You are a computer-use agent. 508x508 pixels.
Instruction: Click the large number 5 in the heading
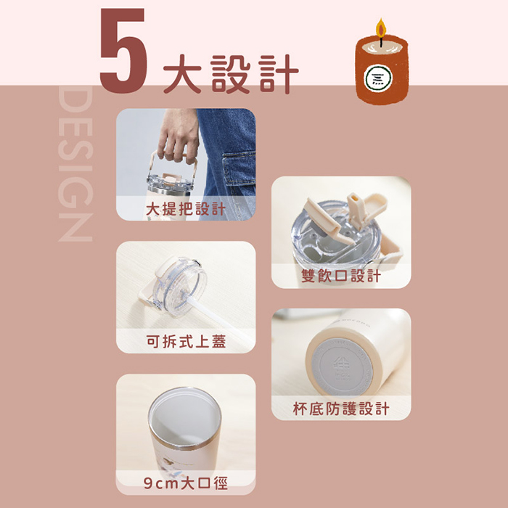coord(123,51)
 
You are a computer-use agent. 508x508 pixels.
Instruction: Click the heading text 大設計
coord(231,74)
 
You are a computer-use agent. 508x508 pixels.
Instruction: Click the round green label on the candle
coord(377,78)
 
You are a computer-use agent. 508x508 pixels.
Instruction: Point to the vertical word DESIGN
coord(75,163)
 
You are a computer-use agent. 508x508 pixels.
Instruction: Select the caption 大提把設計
coord(186,209)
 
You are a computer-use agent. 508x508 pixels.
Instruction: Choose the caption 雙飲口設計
coord(341,276)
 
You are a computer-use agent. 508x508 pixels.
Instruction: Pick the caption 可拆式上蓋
coord(186,342)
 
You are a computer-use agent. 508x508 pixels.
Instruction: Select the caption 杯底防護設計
coord(341,408)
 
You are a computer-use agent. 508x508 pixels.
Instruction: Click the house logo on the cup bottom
coord(342,364)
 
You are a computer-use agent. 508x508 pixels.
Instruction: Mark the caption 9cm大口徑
coord(186,483)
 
